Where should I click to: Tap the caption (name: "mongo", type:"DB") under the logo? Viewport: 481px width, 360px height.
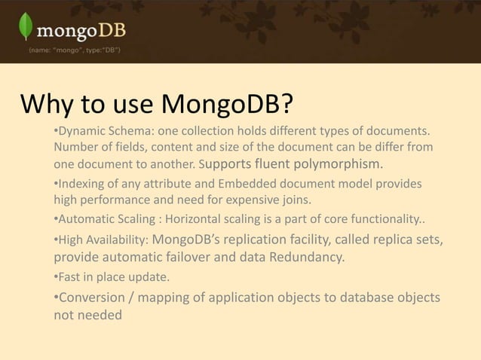(x=72, y=50)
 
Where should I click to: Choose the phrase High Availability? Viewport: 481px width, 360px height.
(x=103, y=242)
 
